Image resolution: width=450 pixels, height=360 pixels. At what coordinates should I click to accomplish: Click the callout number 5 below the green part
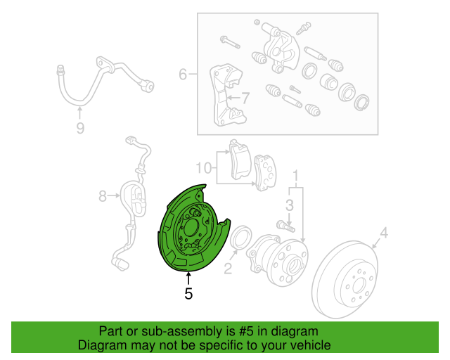(188, 294)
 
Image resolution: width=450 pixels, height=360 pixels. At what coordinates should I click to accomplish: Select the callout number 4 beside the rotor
(384, 233)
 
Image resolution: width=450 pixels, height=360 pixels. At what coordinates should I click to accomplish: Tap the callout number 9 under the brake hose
(80, 127)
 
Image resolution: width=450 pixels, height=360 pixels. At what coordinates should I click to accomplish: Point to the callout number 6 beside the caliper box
(183, 74)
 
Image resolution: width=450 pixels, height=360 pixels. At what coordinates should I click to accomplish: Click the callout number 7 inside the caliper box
(245, 98)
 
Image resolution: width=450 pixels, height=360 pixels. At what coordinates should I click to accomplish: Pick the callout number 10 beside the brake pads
(203, 168)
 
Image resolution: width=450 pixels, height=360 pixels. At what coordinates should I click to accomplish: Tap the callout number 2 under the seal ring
(228, 268)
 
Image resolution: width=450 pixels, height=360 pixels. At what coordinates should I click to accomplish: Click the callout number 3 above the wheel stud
(289, 205)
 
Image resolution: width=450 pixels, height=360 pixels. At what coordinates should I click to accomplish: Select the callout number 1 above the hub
(296, 174)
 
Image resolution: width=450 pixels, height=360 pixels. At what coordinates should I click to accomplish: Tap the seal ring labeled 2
(240, 239)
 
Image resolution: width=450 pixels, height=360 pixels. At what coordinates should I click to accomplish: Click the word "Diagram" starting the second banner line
(101, 345)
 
